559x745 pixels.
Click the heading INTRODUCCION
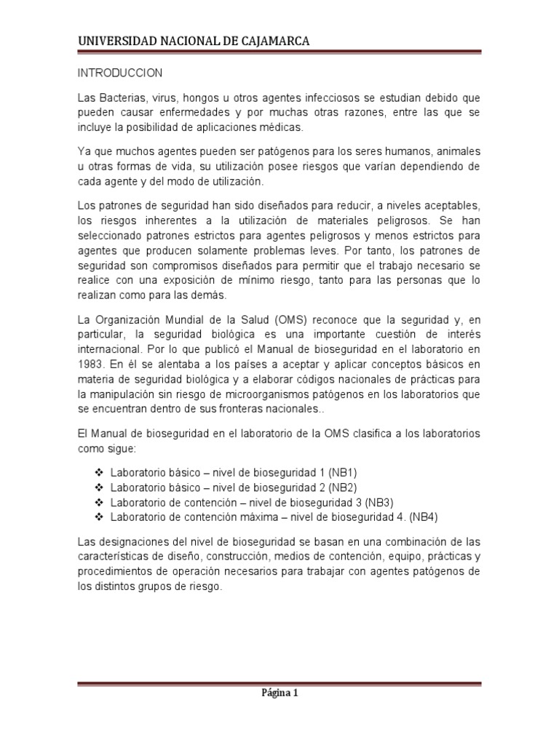[x=120, y=74]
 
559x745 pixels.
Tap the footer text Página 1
[x=279, y=693]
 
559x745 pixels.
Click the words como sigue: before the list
[x=101, y=448]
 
